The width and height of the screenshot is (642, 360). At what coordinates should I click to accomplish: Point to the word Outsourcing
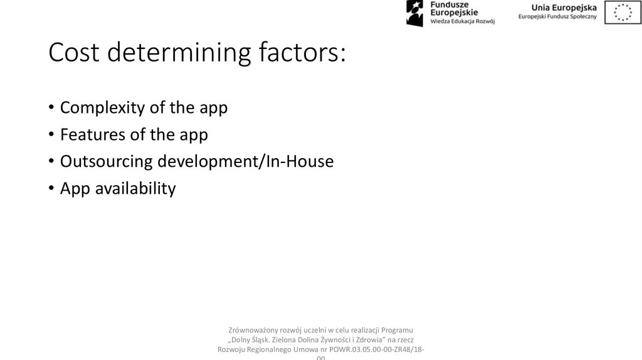107,162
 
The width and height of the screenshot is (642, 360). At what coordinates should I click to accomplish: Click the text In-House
300,162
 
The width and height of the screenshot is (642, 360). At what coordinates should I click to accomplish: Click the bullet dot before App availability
51,189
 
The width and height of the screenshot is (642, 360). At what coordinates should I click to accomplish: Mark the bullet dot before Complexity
51,109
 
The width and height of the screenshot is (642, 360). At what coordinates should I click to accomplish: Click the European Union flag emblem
623,13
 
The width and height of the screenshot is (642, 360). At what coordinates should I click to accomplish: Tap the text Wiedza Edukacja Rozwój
463,21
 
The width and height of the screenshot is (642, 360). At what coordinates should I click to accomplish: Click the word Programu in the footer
396,330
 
